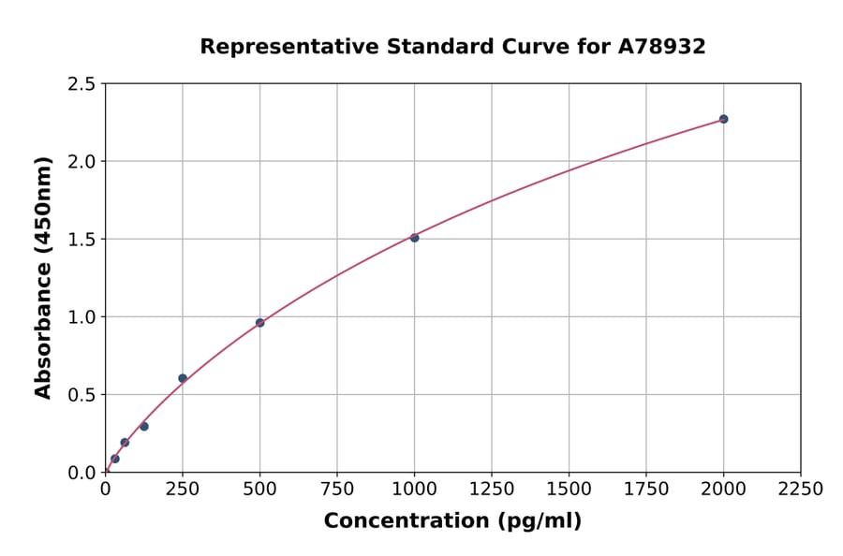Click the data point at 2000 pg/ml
pos(723,119)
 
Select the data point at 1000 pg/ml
pos(414,238)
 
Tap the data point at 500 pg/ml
pos(259,323)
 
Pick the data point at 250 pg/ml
pos(183,378)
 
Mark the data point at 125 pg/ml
pos(144,426)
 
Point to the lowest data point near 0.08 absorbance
pos(115,459)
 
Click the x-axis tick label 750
pos(337,490)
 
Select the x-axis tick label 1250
pos(492,490)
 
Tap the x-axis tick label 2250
pos(801,490)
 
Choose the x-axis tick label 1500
pos(569,490)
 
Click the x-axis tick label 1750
pos(646,490)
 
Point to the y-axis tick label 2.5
pos(81,84)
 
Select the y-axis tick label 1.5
pos(81,240)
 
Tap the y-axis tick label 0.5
pos(81,395)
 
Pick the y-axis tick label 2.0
pos(81,162)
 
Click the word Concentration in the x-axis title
pos(406,521)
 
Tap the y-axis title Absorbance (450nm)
pos(43,278)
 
